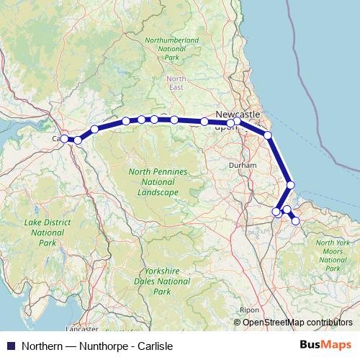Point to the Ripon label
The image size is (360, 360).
tap(249, 310)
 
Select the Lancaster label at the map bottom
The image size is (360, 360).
tap(81, 328)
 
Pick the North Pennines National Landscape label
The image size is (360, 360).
tap(157, 182)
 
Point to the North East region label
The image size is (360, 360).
tap(176, 83)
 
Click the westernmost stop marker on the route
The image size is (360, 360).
tap(64, 138)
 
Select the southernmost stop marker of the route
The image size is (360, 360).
tap(295, 221)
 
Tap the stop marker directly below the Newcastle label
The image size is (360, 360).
tap(237, 122)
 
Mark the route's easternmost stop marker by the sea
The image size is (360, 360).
tap(291, 185)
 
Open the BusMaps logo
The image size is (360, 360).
tap(324, 345)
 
